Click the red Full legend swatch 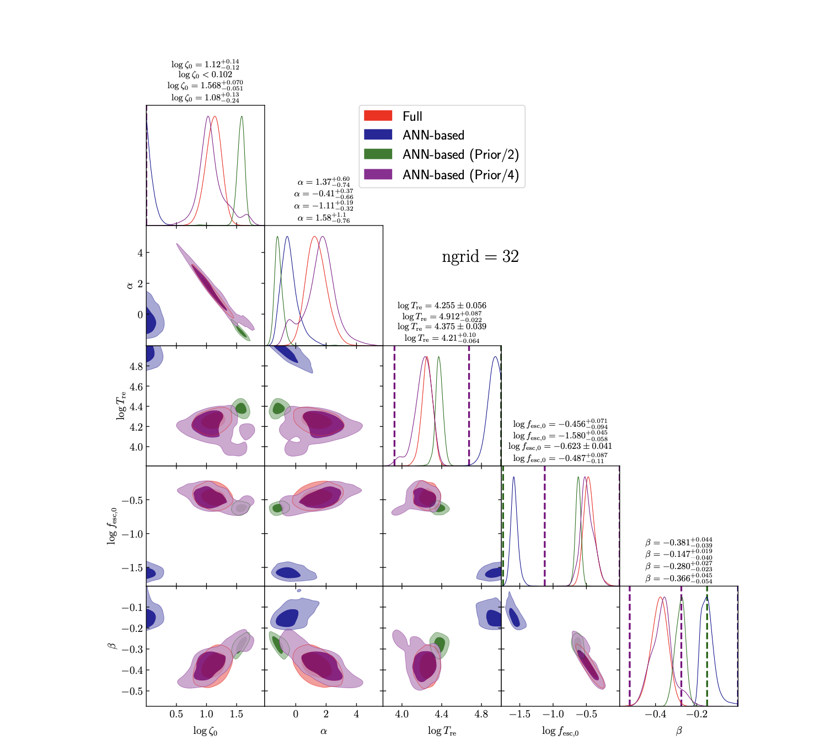point(378,116)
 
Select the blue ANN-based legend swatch point(378,135)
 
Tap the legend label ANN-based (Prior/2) point(460,155)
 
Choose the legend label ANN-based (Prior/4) point(460,175)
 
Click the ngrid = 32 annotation point(480,257)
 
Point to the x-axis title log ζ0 point(205,731)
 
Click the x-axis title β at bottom point(679,731)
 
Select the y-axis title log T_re point(121,405)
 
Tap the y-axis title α point(130,285)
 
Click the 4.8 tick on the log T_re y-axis point(136,367)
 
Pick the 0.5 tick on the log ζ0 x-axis point(176,714)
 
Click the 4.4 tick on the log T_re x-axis point(441,714)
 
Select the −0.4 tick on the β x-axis point(655,714)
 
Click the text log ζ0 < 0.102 point(205,74)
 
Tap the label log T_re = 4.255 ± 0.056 point(442,305)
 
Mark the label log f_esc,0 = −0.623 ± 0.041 point(560,446)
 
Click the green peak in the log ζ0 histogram point(242,117)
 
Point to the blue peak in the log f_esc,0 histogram point(514,478)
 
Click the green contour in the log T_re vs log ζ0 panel point(241,408)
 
